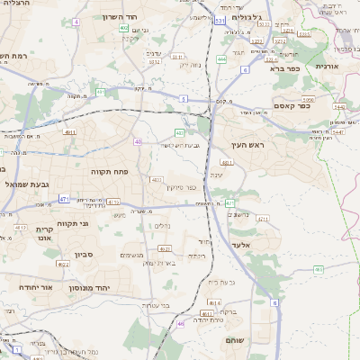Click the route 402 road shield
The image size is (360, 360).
[x=123, y=28]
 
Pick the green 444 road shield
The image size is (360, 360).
[x=221, y=59]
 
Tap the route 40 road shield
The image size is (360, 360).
[x=138, y=141]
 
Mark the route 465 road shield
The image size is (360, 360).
[x=318, y=269]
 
